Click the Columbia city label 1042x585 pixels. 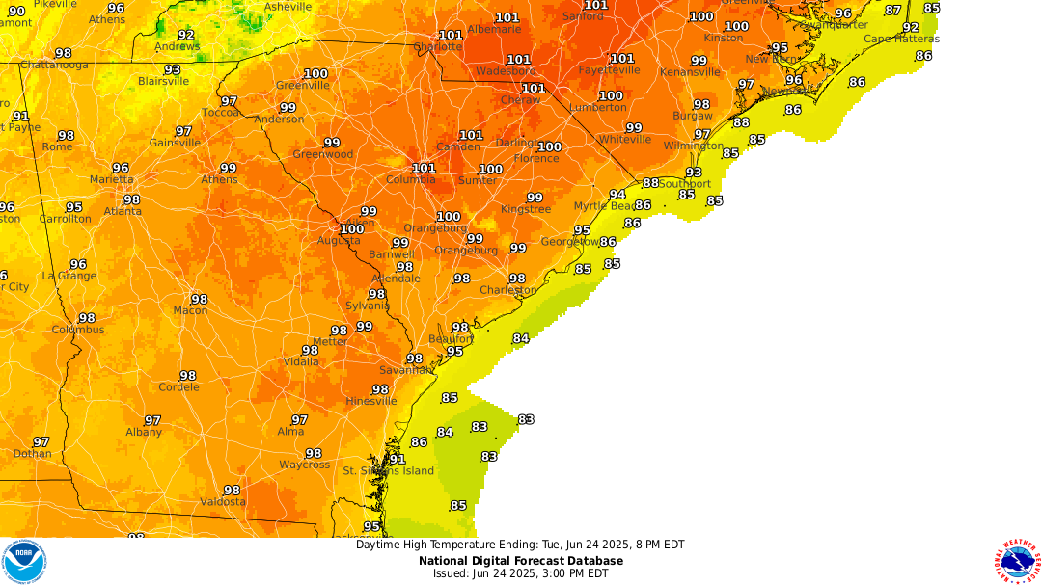[x=411, y=180]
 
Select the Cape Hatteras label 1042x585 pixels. [x=901, y=40]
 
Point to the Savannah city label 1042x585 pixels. [x=406, y=370]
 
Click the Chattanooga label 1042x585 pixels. [x=54, y=66]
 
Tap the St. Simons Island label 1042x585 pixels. [x=389, y=471]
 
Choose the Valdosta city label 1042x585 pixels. [x=223, y=502]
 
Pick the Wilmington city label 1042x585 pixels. [x=693, y=146]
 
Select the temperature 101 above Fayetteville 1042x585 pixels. [x=622, y=59]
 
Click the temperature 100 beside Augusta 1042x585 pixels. [x=352, y=229]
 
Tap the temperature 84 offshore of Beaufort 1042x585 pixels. [x=521, y=338]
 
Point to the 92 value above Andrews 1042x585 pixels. [x=186, y=35]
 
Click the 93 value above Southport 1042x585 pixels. [x=694, y=173]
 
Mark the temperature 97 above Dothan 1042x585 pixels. [x=41, y=441]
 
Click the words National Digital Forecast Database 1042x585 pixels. [x=520, y=561]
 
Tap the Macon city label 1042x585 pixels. [x=190, y=310]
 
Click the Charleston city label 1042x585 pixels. [x=507, y=290]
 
